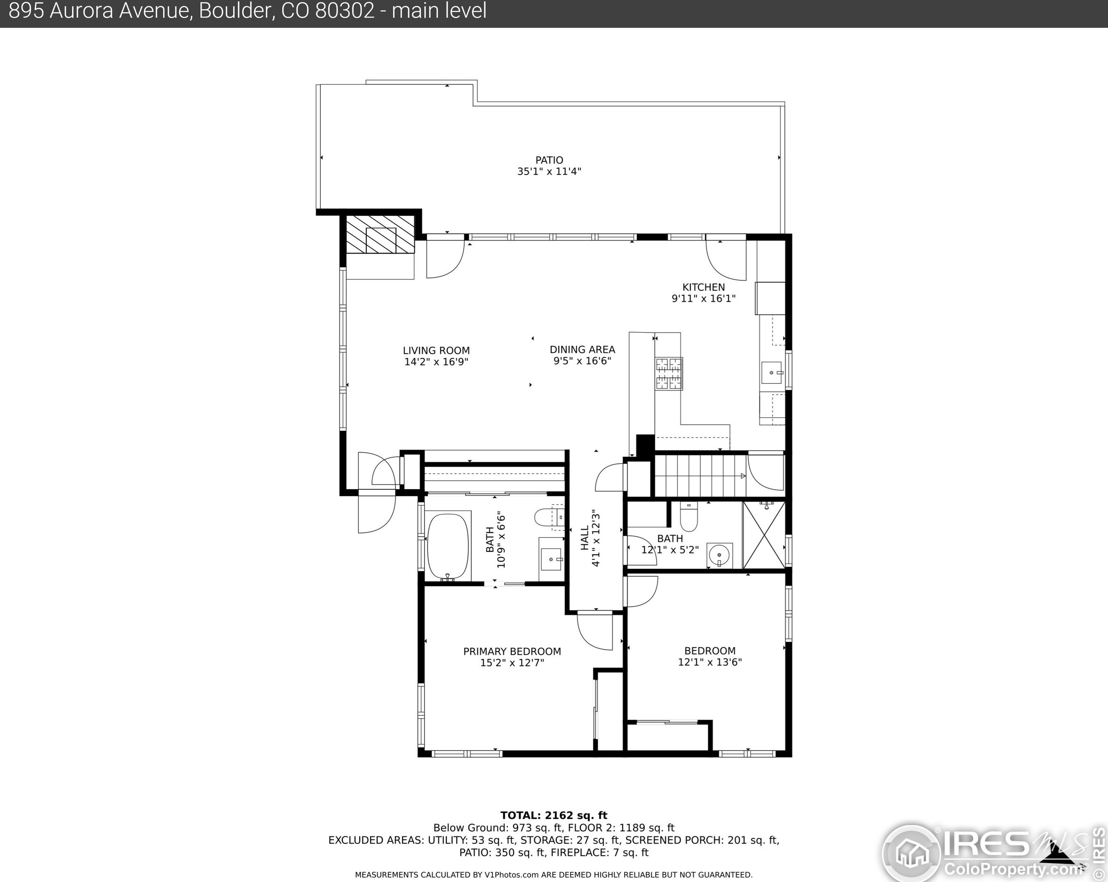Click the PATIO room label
[x=549, y=160]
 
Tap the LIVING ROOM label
[x=436, y=350]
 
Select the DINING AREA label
[x=582, y=350]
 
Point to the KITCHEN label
[x=704, y=287]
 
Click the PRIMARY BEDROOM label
[x=512, y=652]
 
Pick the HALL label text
[x=585, y=538]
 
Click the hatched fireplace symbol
[x=380, y=234]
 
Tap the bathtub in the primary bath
[x=449, y=546]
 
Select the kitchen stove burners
[x=669, y=373]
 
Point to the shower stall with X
[x=764, y=535]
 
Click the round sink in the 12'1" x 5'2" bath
[x=719, y=555]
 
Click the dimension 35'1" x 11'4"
[x=549, y=172]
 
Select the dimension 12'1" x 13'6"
[x=710, y=662]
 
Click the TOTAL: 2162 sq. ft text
[x=554, y=815]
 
